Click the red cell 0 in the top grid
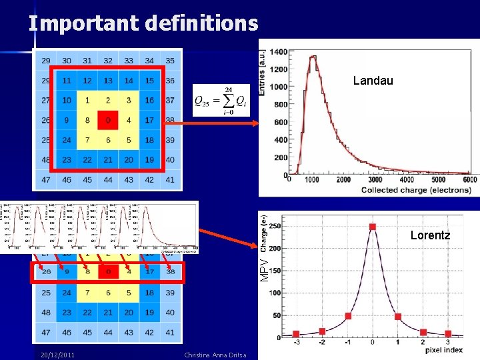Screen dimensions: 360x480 click(x=108, y=121)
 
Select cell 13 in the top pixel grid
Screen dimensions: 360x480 click(x=108, y=81)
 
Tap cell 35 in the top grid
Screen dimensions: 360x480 click(x=170, y=61)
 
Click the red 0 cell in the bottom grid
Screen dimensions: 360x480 click(x=108, y=272)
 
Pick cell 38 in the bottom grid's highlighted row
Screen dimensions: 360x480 click(x=170, y=272)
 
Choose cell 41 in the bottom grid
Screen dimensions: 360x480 click(x=170, y=332)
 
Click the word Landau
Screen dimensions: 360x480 click(x=373, y=81)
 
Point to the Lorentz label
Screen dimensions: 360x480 click(x=430, y=235)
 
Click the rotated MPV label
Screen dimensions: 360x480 click(x=265, y=269)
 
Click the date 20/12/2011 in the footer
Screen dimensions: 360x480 click(x=57, y=355)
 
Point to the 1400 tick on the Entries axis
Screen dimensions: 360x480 click(x=278, y=52)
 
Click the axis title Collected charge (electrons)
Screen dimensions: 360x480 click(x=415, y=190)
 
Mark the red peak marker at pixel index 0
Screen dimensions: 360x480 click(x=373, y=227)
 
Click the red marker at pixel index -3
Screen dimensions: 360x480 click(x=296, y=334)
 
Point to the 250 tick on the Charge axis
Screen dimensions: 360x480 click(x=274, y=226)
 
